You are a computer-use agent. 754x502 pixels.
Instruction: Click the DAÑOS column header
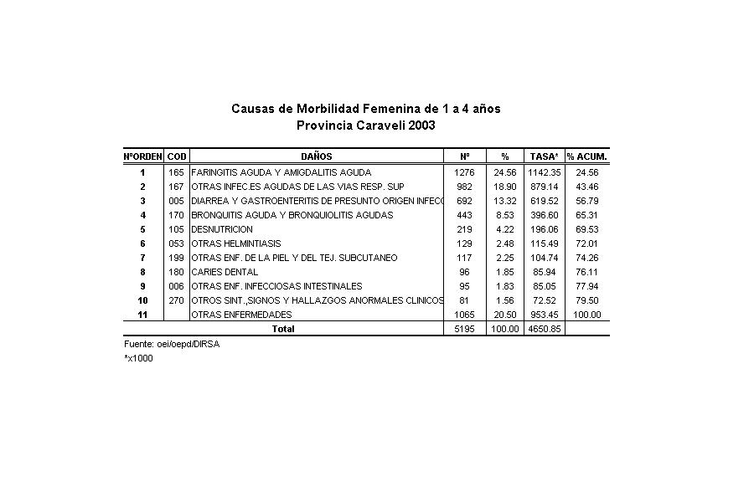point(316,156)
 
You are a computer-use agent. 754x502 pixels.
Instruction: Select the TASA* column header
point(544,156)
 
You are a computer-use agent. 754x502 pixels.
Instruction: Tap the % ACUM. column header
point(586,156)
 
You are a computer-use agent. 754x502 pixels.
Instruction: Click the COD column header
point(177,156)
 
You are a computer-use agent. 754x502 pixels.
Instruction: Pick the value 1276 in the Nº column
point(464,172)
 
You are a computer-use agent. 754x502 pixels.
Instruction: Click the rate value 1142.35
point(544,172)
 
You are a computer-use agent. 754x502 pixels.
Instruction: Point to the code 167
point(177,187)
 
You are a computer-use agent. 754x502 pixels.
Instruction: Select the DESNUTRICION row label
point(222,229)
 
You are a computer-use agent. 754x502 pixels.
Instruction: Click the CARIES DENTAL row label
point(225,272)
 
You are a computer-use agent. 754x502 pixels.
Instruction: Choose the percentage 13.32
point(505,201)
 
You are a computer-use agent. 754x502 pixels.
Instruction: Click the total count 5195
point(464,329)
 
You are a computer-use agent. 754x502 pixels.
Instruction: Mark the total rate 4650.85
point(544,329)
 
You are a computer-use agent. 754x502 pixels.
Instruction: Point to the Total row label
point(283,329)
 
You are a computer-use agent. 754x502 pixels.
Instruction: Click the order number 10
point(142,300)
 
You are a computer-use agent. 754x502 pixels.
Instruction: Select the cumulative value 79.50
point(586,300)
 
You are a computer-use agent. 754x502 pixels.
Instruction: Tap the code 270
point(177,300)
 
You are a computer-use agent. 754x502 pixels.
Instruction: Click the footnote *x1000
point(138,358)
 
